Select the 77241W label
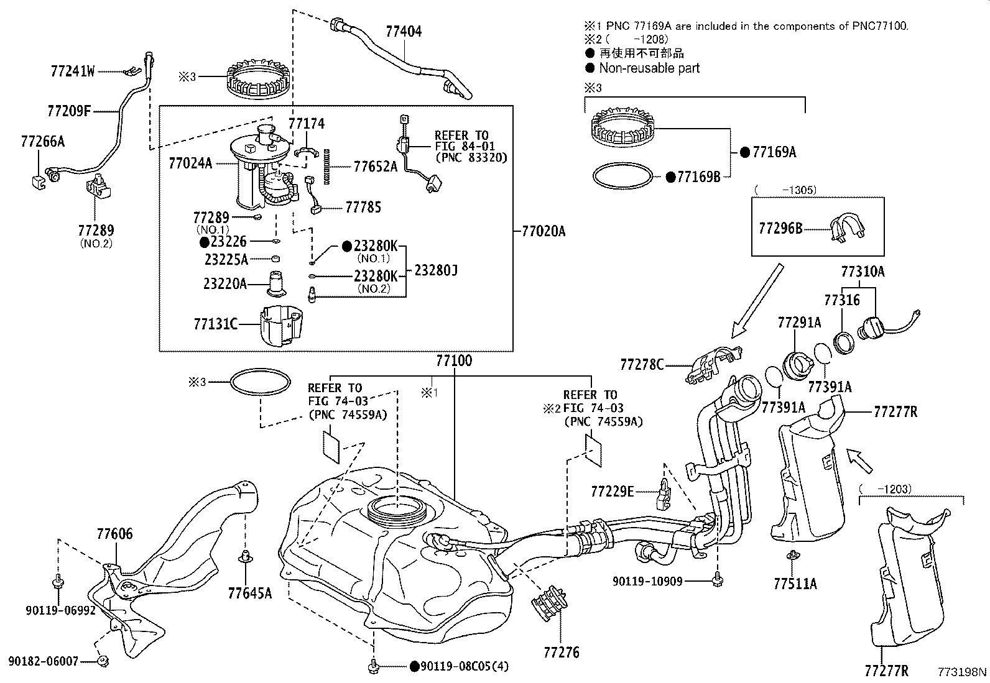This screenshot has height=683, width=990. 73,71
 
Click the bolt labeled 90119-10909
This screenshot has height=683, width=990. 718,579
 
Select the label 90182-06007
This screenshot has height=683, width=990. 44,661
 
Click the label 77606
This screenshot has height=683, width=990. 114,533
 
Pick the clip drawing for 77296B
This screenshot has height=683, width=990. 846,227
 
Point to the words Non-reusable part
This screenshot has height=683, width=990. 649,68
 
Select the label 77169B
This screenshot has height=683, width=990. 698,177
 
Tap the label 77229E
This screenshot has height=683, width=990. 612,492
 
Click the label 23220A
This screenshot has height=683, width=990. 225,284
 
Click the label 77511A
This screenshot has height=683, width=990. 795,584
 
